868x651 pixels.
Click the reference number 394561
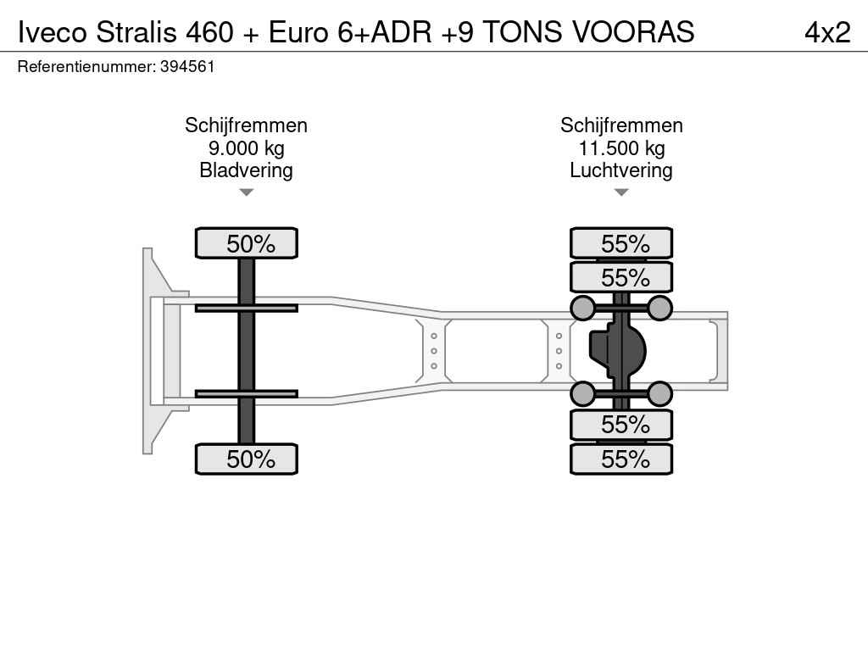tap(187, 67)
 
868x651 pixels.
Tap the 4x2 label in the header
tap(827, 32)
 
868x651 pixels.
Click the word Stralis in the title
tap(136, 32)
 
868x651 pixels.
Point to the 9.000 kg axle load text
tap(247, 148)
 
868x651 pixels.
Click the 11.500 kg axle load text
tap(621, 148)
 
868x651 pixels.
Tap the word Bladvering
tap(247, 170)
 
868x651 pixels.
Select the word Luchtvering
tap(621, 170)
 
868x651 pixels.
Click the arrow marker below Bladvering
tap(247, 192)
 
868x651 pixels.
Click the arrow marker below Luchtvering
tap(621, 192)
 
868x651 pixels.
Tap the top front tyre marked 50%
tap(247, 243)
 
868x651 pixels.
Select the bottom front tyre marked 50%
tap(247, 459)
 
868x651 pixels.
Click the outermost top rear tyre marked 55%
tap(621, 243)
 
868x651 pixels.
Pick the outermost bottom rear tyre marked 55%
tap(621, 459)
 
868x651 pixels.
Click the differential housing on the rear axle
tap(617, 350)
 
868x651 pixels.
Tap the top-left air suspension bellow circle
tap(583, 308)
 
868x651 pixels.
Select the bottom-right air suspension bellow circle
tap(659, 394)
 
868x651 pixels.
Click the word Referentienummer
tap(86, 67)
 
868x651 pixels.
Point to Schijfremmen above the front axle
tap(247, 125)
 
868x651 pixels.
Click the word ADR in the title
tap(401, 32)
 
